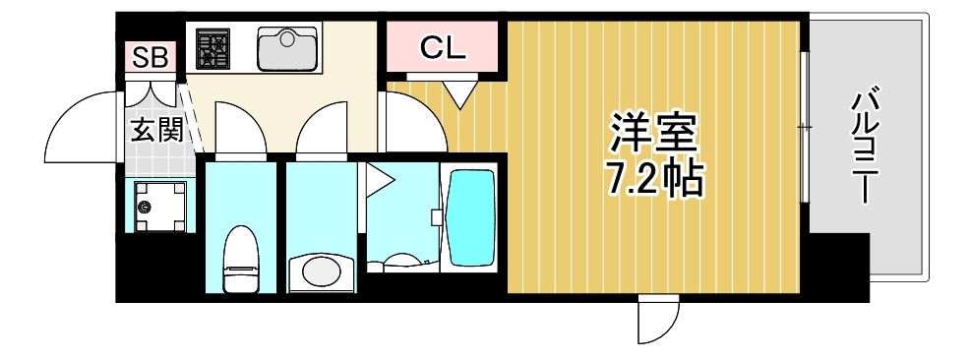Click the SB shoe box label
pos(151,56)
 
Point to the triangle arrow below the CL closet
pos(458,94)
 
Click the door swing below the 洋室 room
pos(657,318)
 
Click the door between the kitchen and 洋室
pos(411,123)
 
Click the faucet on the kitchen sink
pos(287,36)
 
